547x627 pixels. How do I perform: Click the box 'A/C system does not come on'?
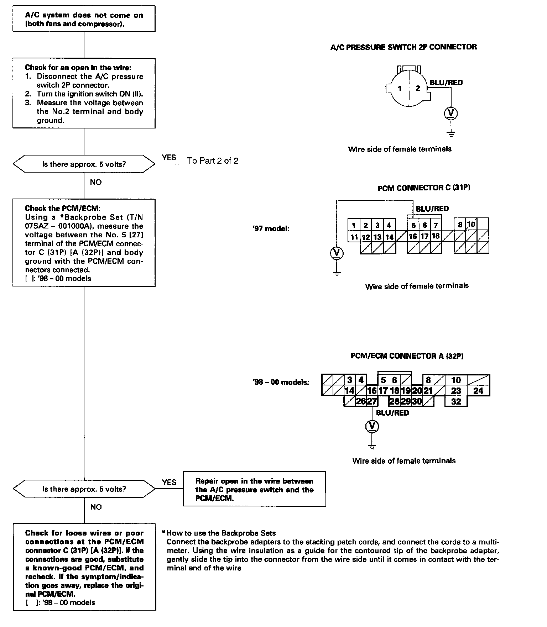(84, 19)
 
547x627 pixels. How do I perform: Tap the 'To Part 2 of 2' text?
(213, 161)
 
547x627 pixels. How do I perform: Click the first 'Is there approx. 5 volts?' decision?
(84, 164)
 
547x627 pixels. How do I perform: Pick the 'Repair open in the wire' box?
(254, 489)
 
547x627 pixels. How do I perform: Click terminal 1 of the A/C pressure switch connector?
(400, 88)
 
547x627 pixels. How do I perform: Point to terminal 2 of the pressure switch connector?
(418, 88)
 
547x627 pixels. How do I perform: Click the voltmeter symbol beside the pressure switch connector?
(451, 113)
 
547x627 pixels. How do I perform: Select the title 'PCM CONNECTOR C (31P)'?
(424, 188)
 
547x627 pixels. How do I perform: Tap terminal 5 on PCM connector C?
(413, 225)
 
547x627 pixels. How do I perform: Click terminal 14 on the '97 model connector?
(389, 237)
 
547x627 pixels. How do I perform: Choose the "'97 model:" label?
(271, 228)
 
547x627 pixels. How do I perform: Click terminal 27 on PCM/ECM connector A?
(372, 401)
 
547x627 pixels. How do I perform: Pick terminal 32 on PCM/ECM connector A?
(456, 401)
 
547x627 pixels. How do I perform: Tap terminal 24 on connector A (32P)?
(478, 391)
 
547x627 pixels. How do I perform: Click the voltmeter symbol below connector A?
(372, 426)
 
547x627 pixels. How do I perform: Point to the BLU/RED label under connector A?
(392, 413)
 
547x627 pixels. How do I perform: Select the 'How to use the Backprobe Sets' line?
(221, 533)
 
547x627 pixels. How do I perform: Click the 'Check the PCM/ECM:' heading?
(60, 209)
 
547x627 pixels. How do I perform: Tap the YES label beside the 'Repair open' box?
(169, 482)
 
